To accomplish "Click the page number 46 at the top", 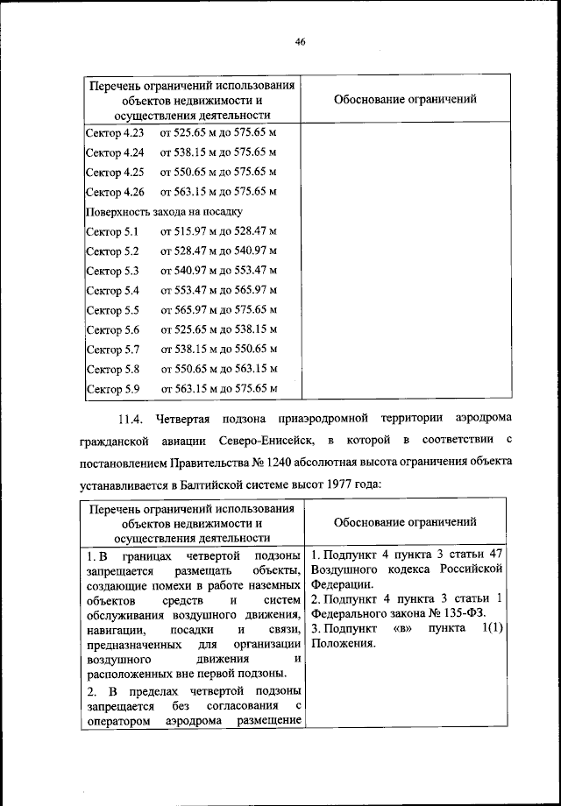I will [300, 41].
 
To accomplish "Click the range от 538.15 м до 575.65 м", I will [218, 152].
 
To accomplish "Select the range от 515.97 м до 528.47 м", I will [218, 231].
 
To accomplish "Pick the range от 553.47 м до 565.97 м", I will [218, 290].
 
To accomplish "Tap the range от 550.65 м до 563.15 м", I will [218, 369].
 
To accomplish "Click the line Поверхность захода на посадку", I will [164, 211].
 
